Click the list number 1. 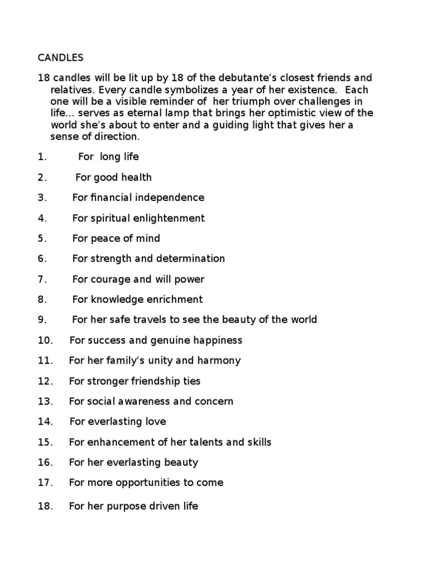point(41,157)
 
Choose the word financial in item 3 point(111,198)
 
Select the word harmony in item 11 point(219,360)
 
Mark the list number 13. point(45,401)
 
